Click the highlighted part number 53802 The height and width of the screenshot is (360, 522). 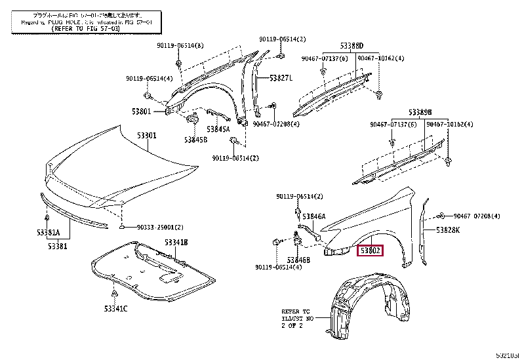pos(370,250)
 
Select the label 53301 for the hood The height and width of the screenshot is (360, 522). pos(146,136)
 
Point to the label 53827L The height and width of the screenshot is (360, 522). pos(280,78)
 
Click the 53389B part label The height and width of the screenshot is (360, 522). pos(420,112)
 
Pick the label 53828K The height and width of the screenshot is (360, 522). pos(449,230)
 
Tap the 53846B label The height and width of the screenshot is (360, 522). pos(298,260)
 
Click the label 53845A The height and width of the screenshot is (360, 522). pos(218,129)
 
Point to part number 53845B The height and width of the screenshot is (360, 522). pos(195,140)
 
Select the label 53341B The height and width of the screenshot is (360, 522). pos(176,242)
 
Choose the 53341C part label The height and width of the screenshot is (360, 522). pos(115,309)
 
